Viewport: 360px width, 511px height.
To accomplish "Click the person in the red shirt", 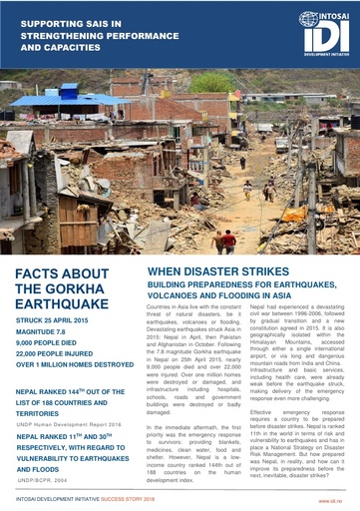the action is coord(226,241).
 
